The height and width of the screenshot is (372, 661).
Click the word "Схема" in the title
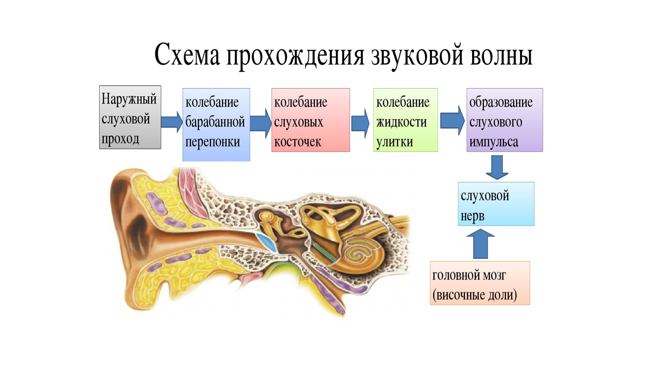[187, 55]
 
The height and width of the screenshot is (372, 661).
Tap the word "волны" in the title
[501, 55]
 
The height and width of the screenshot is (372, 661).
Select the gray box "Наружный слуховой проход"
[130, 117]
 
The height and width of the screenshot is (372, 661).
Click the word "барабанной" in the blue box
[215, 122]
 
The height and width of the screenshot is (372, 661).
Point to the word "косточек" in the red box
[298, 142]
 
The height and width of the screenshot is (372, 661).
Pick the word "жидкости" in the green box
[401, 122]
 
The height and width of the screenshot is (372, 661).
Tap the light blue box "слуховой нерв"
[496, 204]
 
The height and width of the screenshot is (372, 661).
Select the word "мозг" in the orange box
[495, 276]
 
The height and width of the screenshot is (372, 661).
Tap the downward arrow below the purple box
[497, 167]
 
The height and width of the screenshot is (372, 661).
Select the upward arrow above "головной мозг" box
[481, 244]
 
